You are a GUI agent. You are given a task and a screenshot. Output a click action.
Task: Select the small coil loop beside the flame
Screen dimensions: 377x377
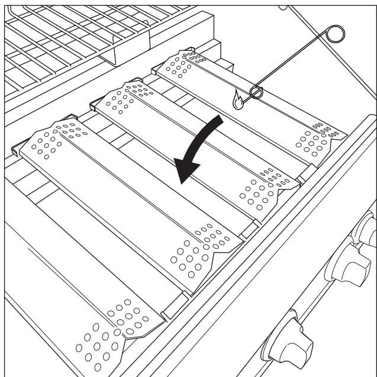(257, 92)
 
